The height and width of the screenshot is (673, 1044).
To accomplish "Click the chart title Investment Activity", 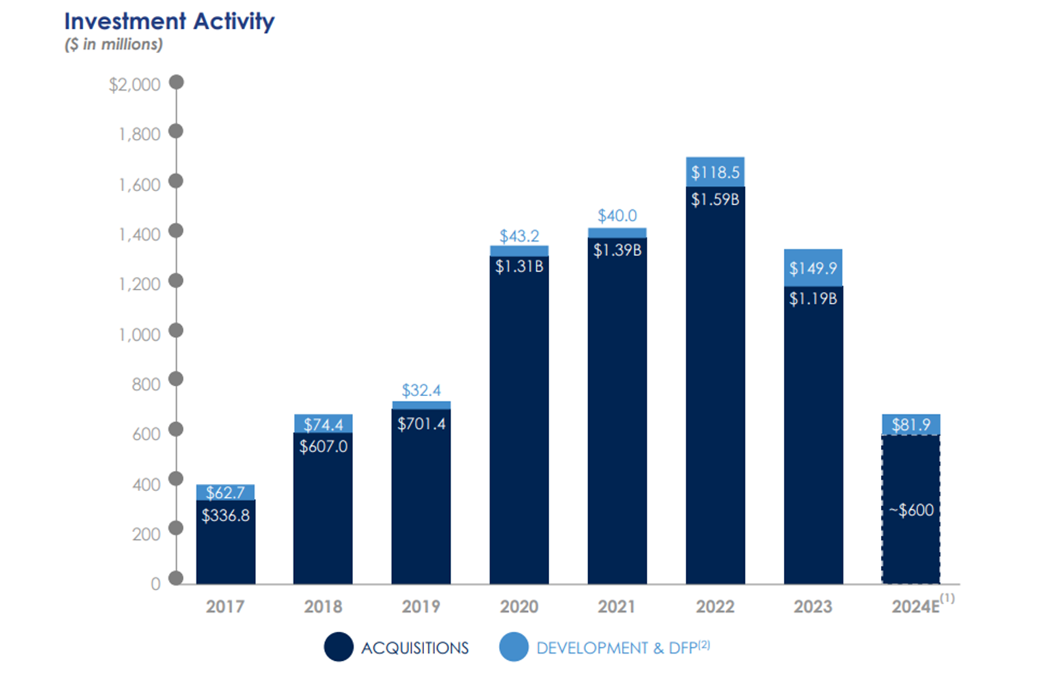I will pos(169,22).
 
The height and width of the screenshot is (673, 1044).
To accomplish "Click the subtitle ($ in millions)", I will pos(114,45).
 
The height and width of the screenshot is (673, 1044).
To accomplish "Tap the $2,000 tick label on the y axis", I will pos(134,85).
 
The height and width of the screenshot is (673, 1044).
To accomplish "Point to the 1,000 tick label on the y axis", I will pos(139,334).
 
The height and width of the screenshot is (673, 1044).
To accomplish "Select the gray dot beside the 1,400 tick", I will pos(176,231).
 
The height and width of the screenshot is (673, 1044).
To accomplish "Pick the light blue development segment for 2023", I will pos(812,267).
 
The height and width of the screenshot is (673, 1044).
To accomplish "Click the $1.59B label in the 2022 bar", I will pos(715,199).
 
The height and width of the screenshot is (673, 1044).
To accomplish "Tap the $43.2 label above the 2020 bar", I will pos(518,236).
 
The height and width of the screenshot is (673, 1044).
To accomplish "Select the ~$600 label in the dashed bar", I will pos(911,510).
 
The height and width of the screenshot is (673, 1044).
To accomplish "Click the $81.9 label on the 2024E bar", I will pos(910,425).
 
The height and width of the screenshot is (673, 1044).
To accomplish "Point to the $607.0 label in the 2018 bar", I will pos(323,447).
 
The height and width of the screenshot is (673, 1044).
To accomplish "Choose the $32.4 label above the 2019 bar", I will pos(421,390).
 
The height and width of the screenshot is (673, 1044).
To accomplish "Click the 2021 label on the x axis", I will pos(616,606).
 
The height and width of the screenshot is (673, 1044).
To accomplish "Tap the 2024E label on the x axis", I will pos(915,606).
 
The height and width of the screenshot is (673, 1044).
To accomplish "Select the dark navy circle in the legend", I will pos(338,647).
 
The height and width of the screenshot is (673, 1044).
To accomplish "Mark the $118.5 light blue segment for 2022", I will pos(715,172).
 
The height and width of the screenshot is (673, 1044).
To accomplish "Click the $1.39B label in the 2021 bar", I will pos(617,250).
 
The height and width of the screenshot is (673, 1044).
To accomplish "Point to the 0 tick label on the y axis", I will pos(155,584).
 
